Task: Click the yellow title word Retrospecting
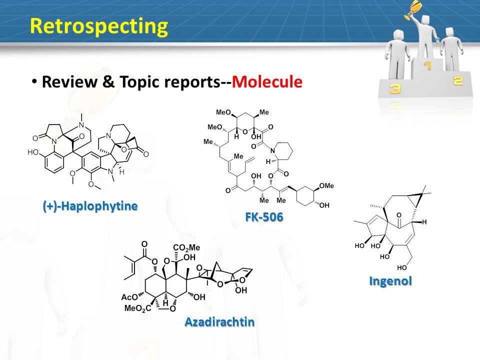(x=99, y=26)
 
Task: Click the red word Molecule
(x=267, y=81)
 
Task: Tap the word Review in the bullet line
(x=69, y=81)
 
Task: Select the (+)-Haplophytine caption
(x=90, y=206)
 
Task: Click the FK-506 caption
(x=264, y=217)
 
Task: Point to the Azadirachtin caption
(x=220, y=322)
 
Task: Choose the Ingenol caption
(x=390, y=281)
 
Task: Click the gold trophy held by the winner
(x=411, y=9)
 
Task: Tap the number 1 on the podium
(x=427, y=65)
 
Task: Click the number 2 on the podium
(x=458, y=81)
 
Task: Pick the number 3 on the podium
(x=395, y=89)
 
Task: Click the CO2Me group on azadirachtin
(x=186, y=247)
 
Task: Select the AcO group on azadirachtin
(x=129, y=297)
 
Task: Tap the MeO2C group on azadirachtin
(x=138, y=308)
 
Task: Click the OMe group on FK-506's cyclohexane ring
(x=326, y=186)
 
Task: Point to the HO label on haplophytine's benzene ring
(x=33, y=152)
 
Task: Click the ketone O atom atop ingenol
(x=398, y=215)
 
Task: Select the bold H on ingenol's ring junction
(x=424, y=222)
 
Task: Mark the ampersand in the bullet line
(x=108, y=81)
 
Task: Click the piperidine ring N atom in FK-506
(x=272, y=150)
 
